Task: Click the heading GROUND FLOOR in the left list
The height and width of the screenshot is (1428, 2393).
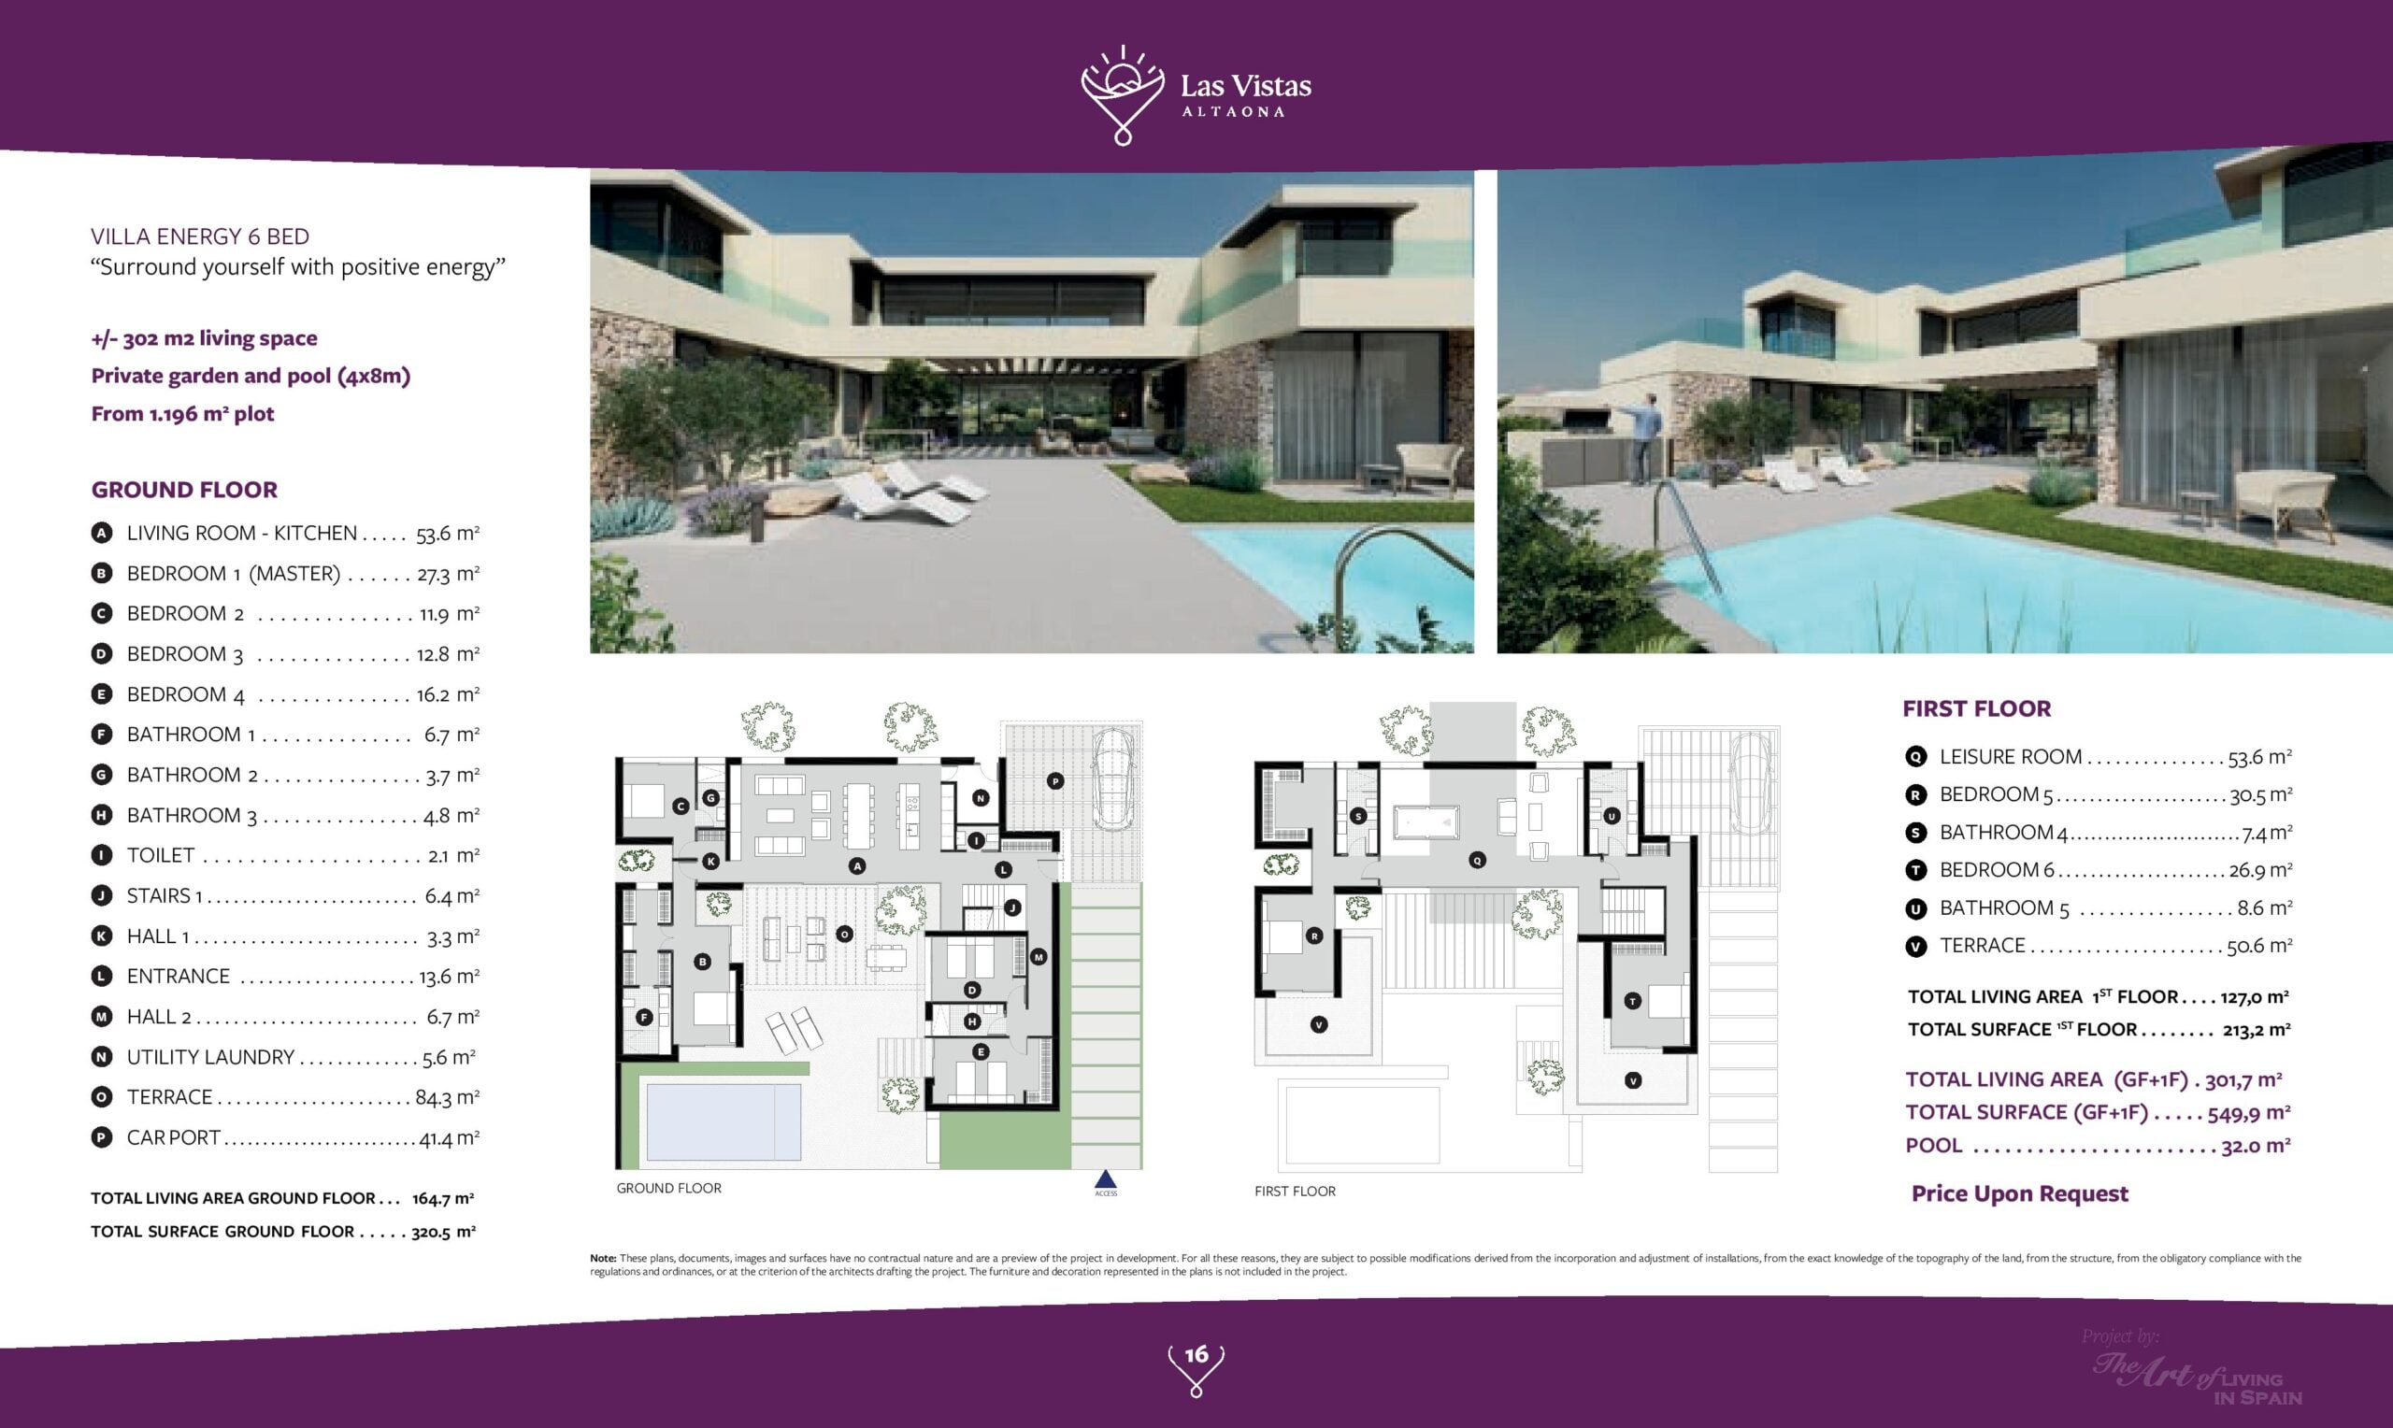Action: coord(185,490)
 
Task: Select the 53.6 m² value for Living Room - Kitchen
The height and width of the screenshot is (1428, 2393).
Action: coord(448,533)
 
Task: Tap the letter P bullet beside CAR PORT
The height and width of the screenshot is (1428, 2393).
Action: coord(101,1137)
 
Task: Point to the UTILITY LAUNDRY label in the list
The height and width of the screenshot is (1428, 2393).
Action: coord(210,1057)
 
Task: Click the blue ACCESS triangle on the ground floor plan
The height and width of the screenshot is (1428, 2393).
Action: coord(1106,1179)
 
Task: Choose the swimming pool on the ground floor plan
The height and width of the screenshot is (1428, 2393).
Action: coord(724,1122)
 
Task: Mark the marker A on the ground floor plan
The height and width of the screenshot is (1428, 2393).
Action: coord(857,866)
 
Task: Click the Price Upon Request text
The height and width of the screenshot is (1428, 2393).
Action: coord(2020,1194)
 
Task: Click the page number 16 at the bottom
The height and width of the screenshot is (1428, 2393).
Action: coord(1196,1355)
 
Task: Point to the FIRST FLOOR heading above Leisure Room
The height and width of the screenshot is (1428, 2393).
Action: coord(1976,708)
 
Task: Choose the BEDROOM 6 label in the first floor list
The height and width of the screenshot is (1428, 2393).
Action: coord(1997,870)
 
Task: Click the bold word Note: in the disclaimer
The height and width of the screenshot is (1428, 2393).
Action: coord(603,1258)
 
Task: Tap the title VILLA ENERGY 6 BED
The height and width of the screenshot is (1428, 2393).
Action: coord(200,236)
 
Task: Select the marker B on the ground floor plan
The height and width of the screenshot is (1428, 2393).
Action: coord(702,962)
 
